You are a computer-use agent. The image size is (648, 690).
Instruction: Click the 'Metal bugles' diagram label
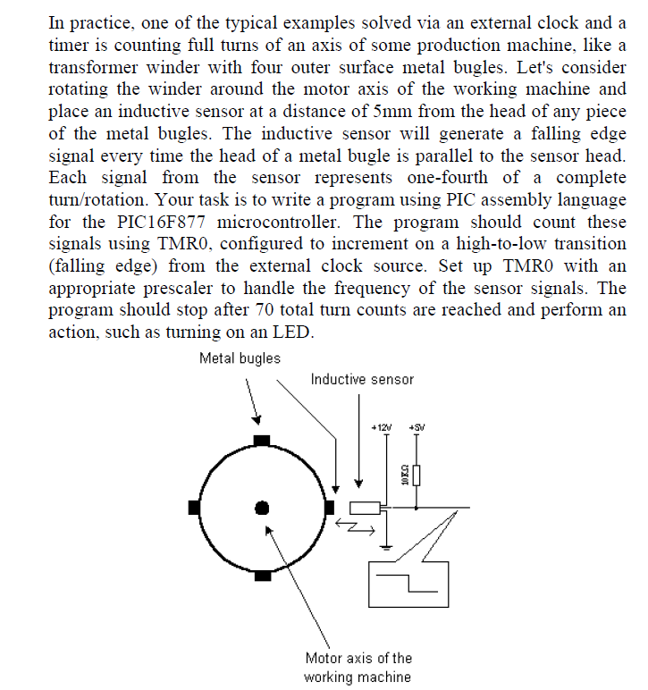[x=240, y=358]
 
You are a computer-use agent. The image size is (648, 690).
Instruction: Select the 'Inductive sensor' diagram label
[x=362, y=379]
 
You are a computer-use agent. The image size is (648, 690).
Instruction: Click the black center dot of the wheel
[x=262, y=508]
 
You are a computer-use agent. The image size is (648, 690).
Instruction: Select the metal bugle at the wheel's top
[x=262, y=440]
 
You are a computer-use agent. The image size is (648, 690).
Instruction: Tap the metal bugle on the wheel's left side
[x=195, y=508]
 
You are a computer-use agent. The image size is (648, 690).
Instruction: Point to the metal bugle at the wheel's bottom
[x=262, y=576]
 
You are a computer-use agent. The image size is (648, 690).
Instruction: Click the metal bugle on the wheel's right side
[x=329, y=508]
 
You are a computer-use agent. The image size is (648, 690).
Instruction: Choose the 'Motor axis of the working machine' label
[x=358, y=668]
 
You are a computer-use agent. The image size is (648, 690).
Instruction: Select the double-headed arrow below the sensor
[x=356, y=528]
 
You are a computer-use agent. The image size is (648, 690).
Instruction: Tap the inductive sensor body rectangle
[x=364, y=509]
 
